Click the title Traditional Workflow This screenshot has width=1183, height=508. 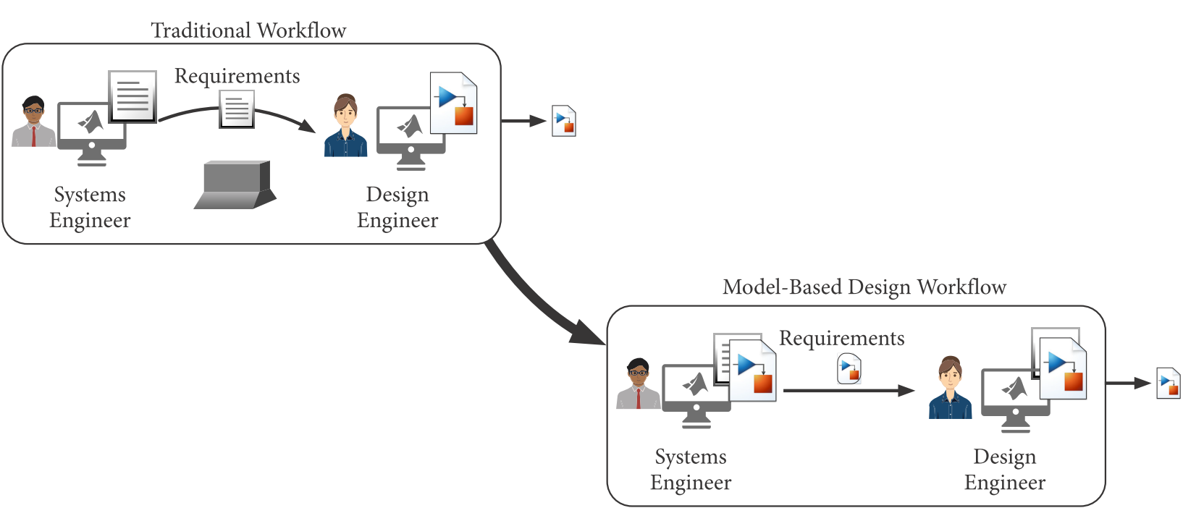pyautogui.click(x=248, y=30)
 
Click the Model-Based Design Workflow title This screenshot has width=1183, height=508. pyautogui.click(x=864, y=287)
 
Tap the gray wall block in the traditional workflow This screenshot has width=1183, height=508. pyautogui.click(x=235, y=185)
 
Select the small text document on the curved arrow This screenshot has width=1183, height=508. pyautogui.click(x=237, y=110)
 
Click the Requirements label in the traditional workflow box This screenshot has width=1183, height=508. pyautogui.click(x=237, y=76)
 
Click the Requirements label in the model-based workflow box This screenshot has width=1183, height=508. pyautogui.click(x=841, y=339)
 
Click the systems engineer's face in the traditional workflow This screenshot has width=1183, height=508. pyautogui.click(x=33, y=112)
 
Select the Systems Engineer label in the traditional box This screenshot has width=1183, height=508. pyautogui.click(x=90, y=207)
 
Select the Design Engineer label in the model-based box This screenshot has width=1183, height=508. pyautogui.click(x=1004, y=470)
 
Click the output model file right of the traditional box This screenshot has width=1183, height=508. pyautogui.click(x=564, y=121)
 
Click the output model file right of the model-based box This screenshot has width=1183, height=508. pyautogui.click(x=1169, y=384)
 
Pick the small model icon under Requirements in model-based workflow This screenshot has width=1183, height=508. pyautogui.click(x=849, y=368)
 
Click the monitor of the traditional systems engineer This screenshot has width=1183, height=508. pyautogui.click(x=91, y=126)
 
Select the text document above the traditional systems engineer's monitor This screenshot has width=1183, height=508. pyautogui.click(x=132, y=96)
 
